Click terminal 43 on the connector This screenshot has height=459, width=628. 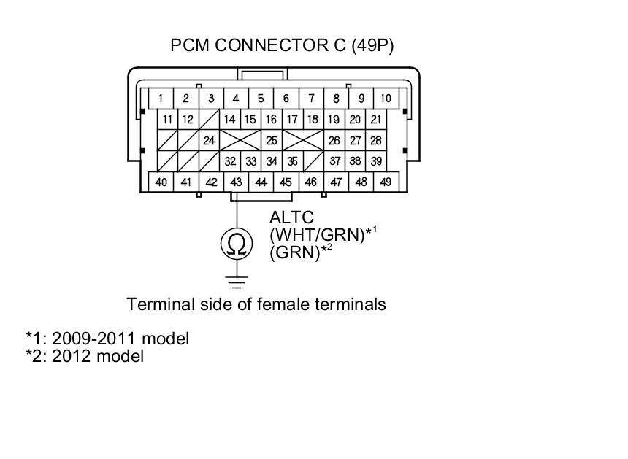[x=236, y=182]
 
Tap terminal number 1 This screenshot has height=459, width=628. [x=161, y=99]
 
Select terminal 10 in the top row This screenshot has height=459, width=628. [x=386, y=99]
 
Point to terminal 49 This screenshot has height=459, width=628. [x=386, y=182]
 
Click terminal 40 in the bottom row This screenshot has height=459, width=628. [x=161, y=182]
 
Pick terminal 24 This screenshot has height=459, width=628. [x=209, y=140]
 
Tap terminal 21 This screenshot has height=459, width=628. [x=376, y=120]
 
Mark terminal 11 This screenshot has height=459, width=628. [x=168, y=120]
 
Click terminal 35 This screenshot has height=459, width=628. [x=292, y=161]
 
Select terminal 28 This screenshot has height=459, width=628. [x=376, y=140]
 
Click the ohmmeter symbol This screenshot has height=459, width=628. [x=236, y=244]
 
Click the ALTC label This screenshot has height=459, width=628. [x=291, y=218]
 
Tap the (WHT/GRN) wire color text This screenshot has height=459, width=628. [x=316, y=235]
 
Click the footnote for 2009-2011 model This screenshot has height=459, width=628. [x=107, y=339]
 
